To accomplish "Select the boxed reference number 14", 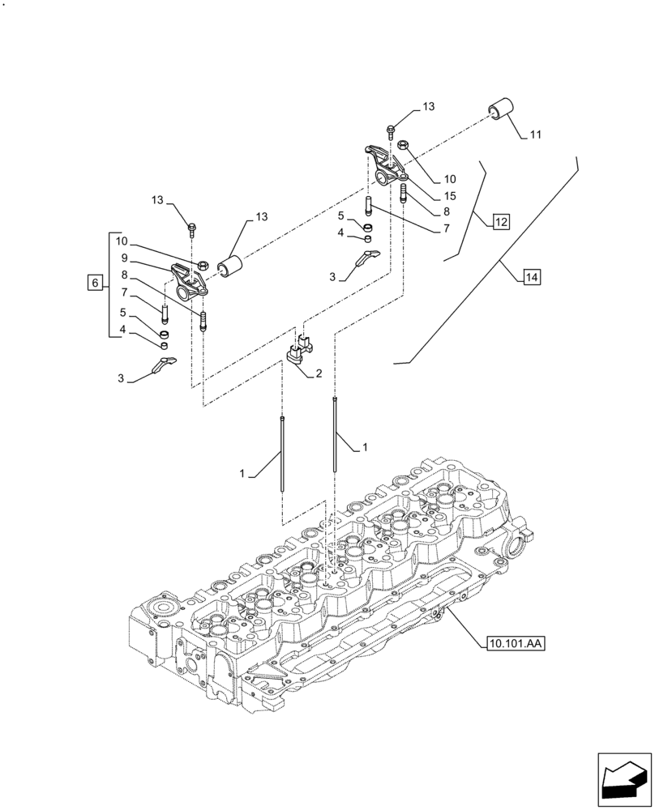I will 531,278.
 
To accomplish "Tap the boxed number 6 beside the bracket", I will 95,283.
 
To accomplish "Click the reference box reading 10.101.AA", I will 516,644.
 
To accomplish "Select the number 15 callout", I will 449,196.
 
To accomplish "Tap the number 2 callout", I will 319,373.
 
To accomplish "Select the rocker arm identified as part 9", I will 190,277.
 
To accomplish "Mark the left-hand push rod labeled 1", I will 281,454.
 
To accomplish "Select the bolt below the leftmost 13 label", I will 191,230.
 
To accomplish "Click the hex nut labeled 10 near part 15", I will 403,145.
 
